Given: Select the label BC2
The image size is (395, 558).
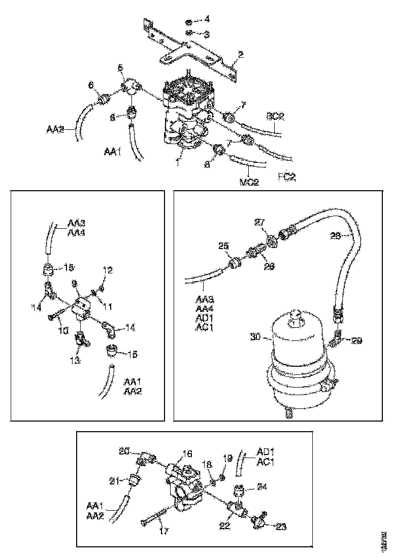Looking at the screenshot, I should click(275, 116).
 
